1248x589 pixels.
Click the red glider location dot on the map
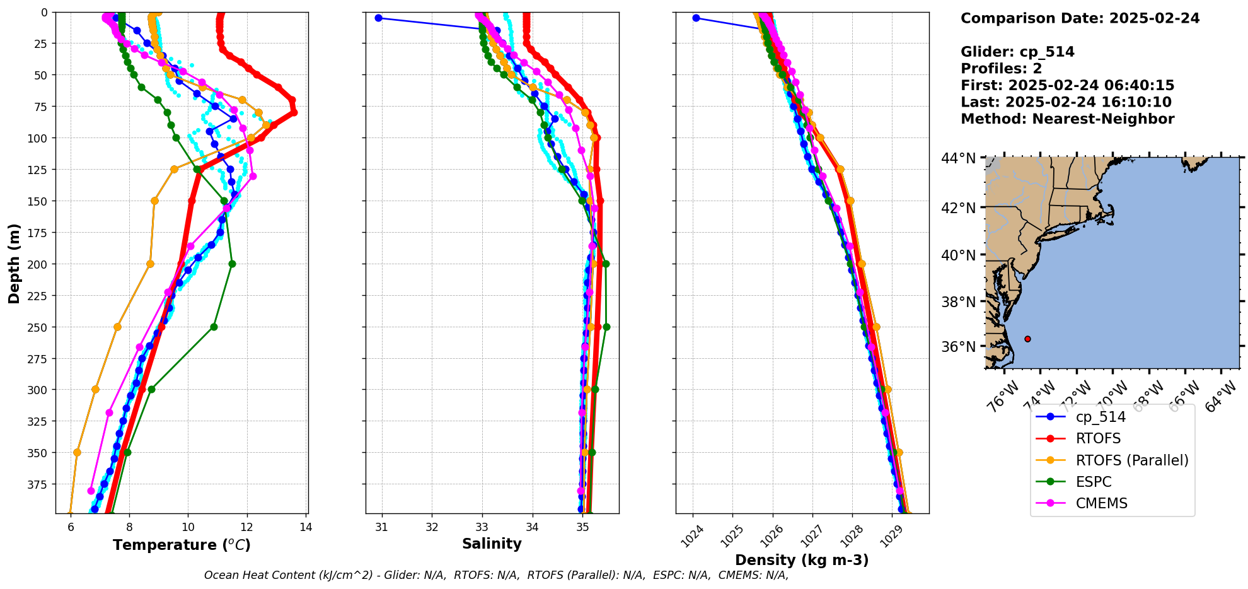1027,339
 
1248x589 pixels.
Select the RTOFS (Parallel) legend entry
1131,460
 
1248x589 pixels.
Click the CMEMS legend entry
1101,503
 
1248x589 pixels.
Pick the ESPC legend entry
1093,482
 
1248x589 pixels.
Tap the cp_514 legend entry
1100,417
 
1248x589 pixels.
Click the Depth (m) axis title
14,263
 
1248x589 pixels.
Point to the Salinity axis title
492,544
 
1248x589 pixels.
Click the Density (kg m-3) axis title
802,560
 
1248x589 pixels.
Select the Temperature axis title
182,545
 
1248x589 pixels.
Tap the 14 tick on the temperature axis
306,527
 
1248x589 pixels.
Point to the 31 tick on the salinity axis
381,527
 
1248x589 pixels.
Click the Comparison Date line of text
1080,18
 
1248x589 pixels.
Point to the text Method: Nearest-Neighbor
1067,119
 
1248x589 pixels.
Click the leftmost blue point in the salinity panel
378,18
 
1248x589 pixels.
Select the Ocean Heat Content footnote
496,575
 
